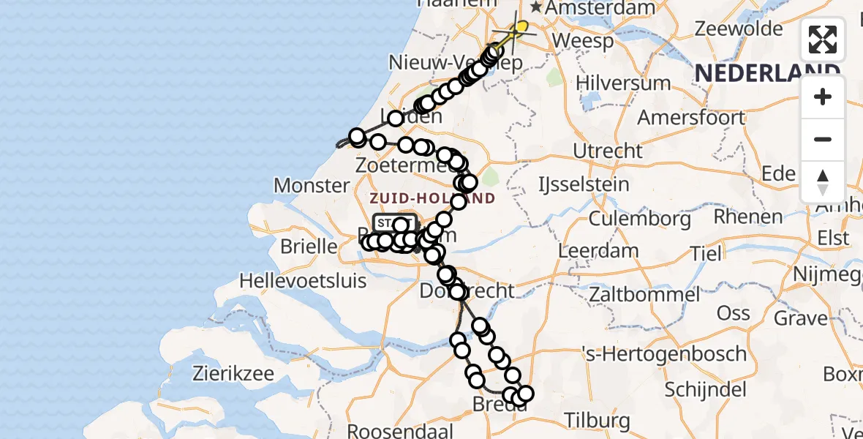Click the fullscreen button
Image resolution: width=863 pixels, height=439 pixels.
pos(823,40)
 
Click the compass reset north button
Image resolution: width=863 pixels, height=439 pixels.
pos(823,181)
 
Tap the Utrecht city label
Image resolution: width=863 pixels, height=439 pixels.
pos(608,151)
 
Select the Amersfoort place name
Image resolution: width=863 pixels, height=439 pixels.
pos(691,117)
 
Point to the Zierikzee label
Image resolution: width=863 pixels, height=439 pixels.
pos(233,373)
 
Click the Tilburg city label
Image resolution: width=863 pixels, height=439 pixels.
pos(596,421)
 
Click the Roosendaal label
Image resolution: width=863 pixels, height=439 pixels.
pos(400,430)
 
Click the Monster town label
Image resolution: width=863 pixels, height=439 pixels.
pos(312,185)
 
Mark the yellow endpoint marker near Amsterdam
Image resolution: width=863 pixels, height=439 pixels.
pos(521,28)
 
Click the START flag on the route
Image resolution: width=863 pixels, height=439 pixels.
pos(395,222)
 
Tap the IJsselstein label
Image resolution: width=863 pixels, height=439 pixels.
pos(583,184)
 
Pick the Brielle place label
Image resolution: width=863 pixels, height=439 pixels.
pos(310,247)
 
